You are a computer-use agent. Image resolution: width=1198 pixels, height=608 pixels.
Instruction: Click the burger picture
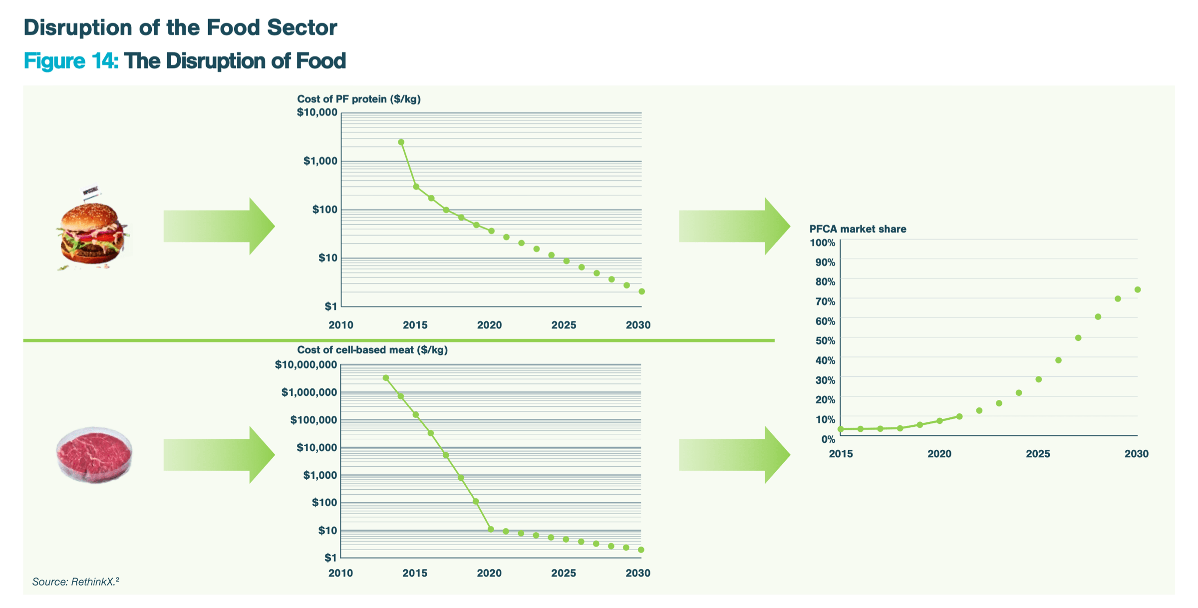pyautogui.click(x=91, y=232)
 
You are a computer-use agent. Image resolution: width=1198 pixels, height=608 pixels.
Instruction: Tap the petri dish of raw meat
pyautogui.click(x=94, y=454)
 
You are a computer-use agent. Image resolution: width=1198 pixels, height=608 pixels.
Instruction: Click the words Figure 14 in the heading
pyautogui.click(x=70, y=61)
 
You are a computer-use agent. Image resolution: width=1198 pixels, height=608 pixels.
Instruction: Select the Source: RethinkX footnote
pyautogui.click(x=75, y=582)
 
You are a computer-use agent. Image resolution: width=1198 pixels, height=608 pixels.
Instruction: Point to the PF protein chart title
pyautogui.click(x=358, y=99)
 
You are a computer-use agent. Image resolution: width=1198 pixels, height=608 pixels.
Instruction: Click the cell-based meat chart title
pyautogui.click(x=372, y=350)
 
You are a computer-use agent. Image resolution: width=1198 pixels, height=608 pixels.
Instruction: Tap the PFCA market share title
pyautogui.click(x=858, y=229)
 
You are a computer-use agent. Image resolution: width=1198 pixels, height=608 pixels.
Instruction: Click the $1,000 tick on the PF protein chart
pyautogui.click(x=320, y=161)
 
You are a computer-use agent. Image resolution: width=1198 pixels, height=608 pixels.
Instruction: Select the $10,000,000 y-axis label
pyautogui.click(x=306, y=365)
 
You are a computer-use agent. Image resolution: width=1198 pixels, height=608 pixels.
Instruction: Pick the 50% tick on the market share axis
pyautogui.click(x=825, y=341)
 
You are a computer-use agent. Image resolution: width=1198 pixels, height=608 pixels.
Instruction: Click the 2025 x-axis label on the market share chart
pyautogui.click(x=1038, y=454)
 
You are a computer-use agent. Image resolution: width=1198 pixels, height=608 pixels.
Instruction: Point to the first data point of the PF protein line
pyautogui.click(x=401, y=142)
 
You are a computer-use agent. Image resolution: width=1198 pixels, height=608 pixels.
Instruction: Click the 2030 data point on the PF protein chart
pyautogui.click(x=641, y=292)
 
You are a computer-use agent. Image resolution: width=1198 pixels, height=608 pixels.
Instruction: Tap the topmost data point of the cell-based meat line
pyautogui.click(x=386, y=378)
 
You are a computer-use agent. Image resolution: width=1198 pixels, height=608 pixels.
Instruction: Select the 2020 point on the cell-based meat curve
pyautogui.click(x=491, y=529)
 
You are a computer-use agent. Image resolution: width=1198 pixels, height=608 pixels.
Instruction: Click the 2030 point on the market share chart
pyautogui.click(x=1138, y=290)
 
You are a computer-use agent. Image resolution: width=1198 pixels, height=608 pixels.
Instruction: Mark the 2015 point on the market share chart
pyautogui.click(x=841, y=429)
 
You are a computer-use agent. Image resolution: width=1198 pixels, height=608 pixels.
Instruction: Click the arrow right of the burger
pyautogui.click(x=219, y=226)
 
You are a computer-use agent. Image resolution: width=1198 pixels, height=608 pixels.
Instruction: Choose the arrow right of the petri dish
pyautogui.click(x=219, y=455)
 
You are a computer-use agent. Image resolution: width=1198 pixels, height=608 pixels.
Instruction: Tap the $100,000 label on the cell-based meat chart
pyautogui.click(x=313, y=420)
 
